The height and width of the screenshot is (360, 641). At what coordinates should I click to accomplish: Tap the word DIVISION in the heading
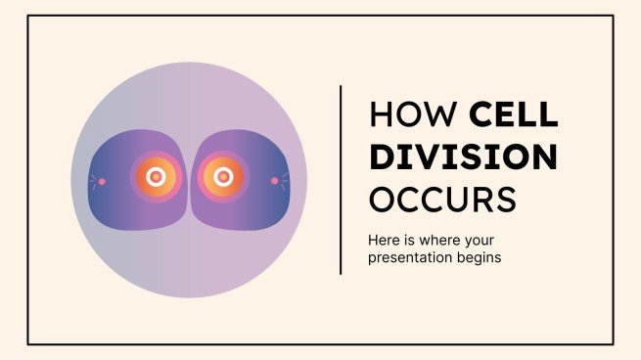tap(463, 157)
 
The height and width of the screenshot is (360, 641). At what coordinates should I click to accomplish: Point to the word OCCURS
tap(441, 199)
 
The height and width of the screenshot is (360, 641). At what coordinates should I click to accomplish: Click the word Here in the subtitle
tap(385, 239)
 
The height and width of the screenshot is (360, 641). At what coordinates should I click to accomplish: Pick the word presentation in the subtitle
tap(407, 259)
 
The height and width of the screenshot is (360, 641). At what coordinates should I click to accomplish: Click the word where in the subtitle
tap(446, 239)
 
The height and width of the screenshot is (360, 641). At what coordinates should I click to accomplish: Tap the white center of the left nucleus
tap(155, 177)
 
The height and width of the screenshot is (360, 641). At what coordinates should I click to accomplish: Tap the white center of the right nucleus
tap(223, 177)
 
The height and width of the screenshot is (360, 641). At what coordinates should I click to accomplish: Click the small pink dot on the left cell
tap(103, 180)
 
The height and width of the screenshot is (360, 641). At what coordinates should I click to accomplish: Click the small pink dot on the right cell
tap(275, 180)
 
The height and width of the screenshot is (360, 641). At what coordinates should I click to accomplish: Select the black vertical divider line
tap(341, 179)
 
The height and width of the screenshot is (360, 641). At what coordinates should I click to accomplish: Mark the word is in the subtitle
tap(415, 239)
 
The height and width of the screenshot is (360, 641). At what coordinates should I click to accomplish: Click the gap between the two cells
tap(189, 179)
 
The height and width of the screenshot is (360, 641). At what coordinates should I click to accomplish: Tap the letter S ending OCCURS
tap(504, 199)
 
